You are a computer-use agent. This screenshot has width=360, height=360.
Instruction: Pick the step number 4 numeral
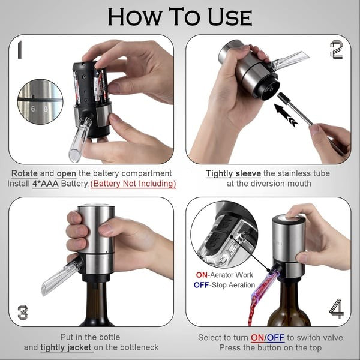click(337, 310)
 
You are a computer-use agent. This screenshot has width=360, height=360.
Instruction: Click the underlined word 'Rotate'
click(25, 173)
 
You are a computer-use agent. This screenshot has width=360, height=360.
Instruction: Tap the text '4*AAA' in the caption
click(46, 184)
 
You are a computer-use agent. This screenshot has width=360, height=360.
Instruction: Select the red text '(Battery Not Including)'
click(133, 184)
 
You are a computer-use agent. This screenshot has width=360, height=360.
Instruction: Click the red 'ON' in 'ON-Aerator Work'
click(200, 274)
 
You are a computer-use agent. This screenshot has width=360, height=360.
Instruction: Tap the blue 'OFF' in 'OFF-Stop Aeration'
click(202, 285)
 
